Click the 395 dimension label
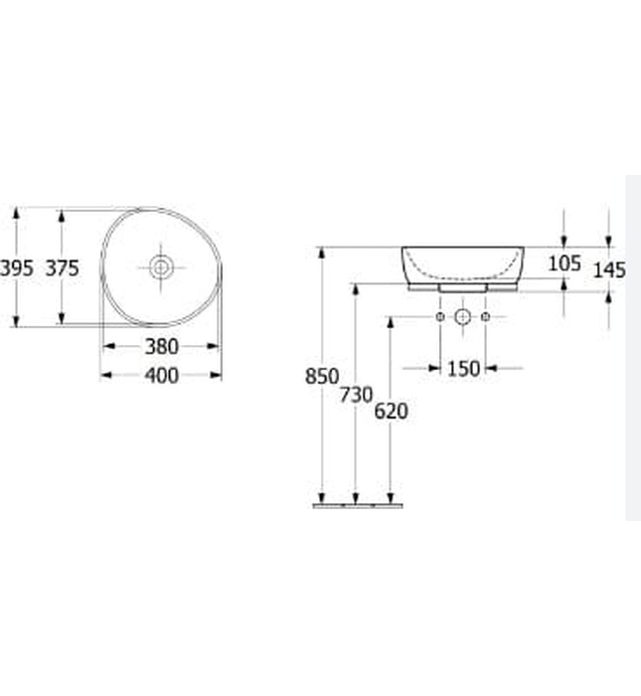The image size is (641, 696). [x=17, y=267]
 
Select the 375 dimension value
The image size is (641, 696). [x=62, y=267]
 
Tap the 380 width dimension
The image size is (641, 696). [x=161, y=346]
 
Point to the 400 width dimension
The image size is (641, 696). [x=161, y=375]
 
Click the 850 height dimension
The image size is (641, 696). [x=321, y=377]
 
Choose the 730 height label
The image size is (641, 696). [x=356, y=395]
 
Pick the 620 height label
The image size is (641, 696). [x=391, y=411]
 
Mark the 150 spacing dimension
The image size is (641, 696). [x=463, y=369]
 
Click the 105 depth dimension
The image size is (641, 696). [x=563, y=262]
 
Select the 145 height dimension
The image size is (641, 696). [x=608, y=268]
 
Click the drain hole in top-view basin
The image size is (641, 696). [x=161, y=266]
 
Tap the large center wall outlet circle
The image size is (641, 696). [x=462, y=316]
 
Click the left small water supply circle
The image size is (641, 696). [x=440, y=316]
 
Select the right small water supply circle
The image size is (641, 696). [x=485, y=316]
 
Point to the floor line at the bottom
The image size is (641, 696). [x=358, y=505]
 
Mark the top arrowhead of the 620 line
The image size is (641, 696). [x=391, y=323]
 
